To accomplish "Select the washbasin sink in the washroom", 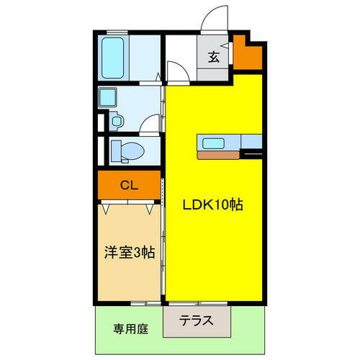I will (x=110, y=99).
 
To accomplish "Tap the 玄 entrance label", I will (x=214, y=58).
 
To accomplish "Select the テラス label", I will (x=196, y=321).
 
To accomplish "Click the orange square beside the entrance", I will (x=249, y=55).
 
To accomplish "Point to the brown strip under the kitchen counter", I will (x=220, y=154).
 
